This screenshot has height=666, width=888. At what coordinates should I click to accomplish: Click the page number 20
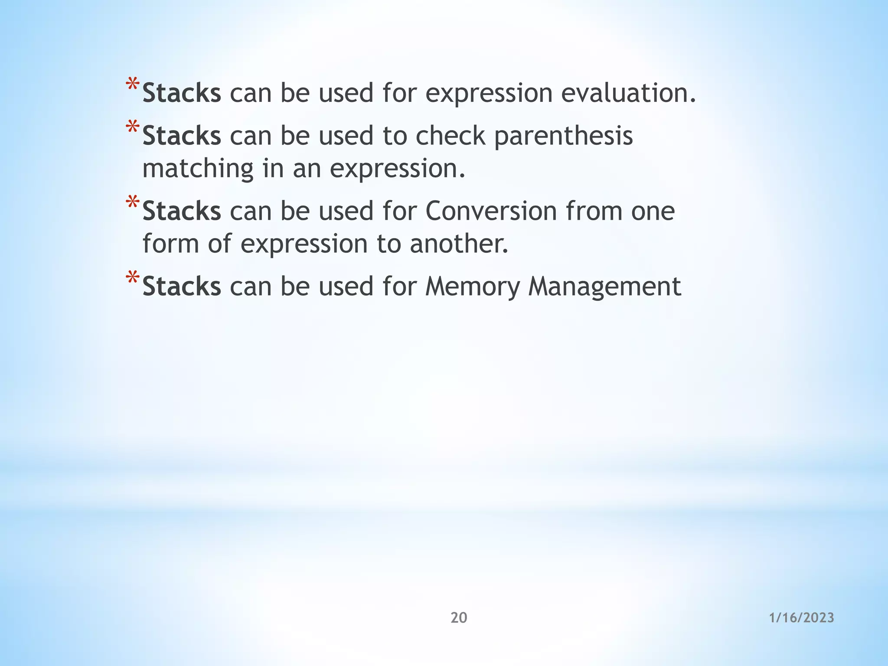(x=459, y=617)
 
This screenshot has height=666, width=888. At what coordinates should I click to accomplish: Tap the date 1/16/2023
(x=801, y=617)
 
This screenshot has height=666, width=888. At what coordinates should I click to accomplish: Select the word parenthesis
(x=563, y=136)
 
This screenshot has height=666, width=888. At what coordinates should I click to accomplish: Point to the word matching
(x=198, y=169)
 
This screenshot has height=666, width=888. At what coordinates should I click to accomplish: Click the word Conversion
(x=491, y=211)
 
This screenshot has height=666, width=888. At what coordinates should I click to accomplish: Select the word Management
(x=604, y=287)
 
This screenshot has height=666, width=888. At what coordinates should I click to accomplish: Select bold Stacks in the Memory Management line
(x=182, y=287)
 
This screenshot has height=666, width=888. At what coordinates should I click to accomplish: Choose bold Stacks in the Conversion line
(x=182, y=211)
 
